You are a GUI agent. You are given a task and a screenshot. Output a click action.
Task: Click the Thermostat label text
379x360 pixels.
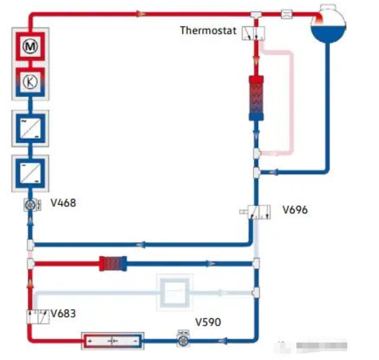[208, 30]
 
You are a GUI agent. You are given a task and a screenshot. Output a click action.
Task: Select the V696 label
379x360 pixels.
[295, 209]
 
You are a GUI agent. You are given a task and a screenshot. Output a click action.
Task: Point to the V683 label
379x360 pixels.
[63, 313]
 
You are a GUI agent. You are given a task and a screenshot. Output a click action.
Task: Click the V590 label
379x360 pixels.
[208, 322]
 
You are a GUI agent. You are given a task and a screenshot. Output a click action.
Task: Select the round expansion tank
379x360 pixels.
[329, 25]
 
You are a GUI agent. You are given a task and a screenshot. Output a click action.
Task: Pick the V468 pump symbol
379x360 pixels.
[30, 205]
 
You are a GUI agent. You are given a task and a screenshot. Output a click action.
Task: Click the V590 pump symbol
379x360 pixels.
[182, 341]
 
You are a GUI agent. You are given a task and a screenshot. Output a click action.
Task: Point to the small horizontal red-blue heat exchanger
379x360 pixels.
[113, 263]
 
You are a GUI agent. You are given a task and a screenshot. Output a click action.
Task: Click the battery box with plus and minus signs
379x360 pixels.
[113, 341]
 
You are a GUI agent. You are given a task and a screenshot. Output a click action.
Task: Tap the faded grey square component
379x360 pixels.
[174, 292]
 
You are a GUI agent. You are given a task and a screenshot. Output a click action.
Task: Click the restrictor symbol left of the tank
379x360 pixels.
[287, 14]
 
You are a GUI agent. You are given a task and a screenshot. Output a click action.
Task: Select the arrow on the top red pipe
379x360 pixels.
[142, 14]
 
